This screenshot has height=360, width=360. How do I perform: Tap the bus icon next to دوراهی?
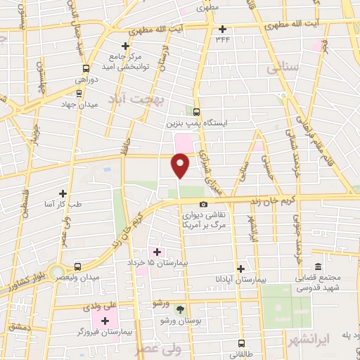pyautogui.click(x=86, y=68)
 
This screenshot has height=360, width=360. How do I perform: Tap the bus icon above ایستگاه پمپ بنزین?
pyautogui.click(x=196, y=111)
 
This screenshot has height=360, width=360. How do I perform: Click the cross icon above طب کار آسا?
pyautogui.click(x=63, y=193)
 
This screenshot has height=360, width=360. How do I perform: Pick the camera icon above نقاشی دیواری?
pyautogui.click(x=204, y=205)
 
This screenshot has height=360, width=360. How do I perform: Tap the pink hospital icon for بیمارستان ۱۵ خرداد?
pyautogui.click(x=157, y=252)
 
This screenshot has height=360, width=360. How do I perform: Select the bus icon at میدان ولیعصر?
pyautogui.click(x=77, y=266)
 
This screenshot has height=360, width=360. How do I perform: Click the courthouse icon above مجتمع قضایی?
pyautogui.click(x=319, y=266)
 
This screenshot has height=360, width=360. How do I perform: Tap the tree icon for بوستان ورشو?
pyautogui.click(x=181, y=309)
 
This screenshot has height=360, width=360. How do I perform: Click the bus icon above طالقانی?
pyautogui.click(x=242, y=344)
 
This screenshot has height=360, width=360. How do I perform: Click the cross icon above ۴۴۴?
pyautogui.click(x=224, y=29)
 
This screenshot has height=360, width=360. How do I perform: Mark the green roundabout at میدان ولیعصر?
pyautogui.click(x=57, y=271)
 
